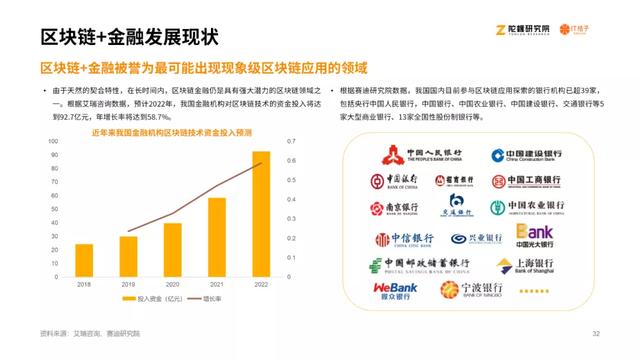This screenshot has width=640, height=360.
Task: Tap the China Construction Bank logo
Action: point(525,155)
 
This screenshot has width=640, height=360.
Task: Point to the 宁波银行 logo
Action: point(471,290)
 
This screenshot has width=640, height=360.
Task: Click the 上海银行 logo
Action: point(541,265)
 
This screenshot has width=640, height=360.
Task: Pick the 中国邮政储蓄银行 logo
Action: point(426,265)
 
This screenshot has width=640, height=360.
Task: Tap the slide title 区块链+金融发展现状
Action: point(129,37)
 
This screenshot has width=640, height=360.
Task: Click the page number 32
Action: point(595,333)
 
